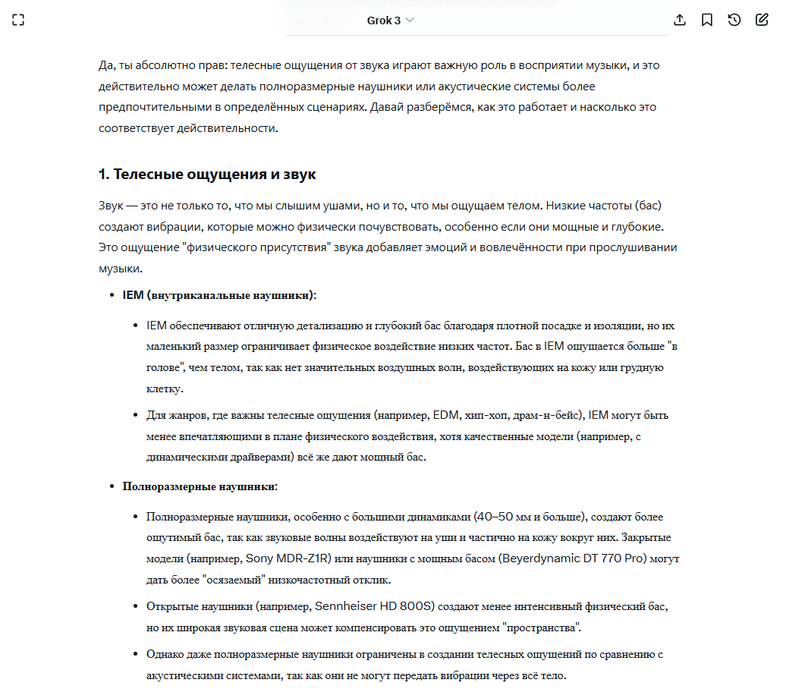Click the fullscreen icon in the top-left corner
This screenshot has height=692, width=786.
[x=18, y=20]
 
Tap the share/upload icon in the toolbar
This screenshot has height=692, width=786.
[x=680, y=20]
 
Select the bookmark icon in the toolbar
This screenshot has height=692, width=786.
[x=707, y=20]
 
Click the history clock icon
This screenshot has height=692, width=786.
[x=734, y=20]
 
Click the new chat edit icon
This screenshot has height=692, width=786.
[x=762, y=20]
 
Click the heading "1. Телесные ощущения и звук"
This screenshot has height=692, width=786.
[x=207, y=175]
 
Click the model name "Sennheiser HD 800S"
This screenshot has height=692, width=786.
[x=373, y=607]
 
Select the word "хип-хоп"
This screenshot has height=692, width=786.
[x=486, y=415]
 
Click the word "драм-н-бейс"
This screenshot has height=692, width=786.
[x=545, y=415]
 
